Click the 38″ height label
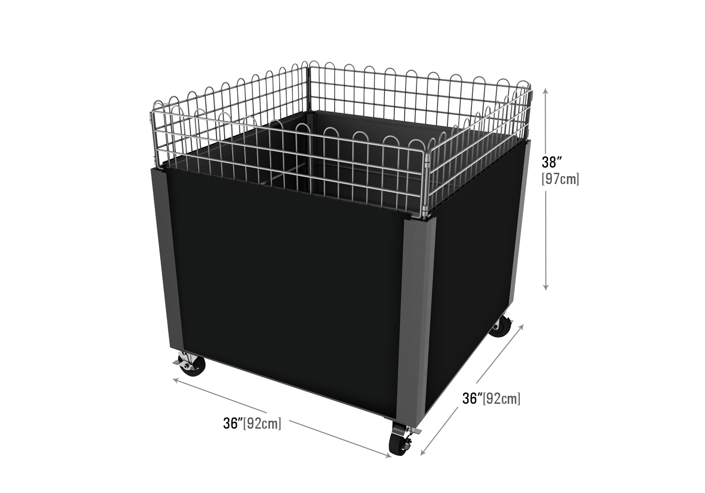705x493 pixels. pos(552,162)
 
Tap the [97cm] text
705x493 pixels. pos(560,179)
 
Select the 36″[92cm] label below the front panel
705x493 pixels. pos(252,423)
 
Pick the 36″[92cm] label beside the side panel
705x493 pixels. pos(491,398)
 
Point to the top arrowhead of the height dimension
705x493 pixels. pos(546,91)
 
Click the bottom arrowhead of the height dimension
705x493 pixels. pos(546,287)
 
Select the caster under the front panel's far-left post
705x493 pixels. pos(190,365)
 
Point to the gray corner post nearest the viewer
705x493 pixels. pos(415,317)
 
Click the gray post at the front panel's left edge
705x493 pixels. pos(167,258)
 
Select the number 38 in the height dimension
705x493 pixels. pos(549,162)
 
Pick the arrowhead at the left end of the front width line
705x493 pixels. pos(177,381)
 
